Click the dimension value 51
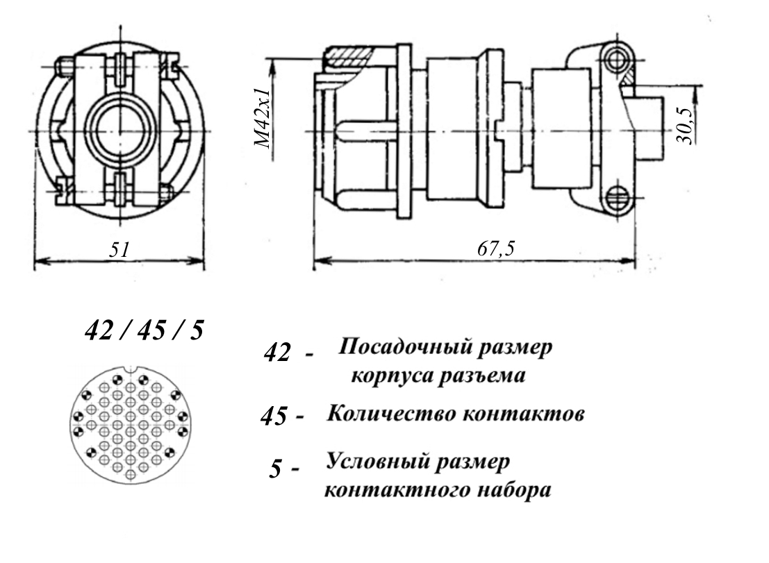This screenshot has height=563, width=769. click(120, 250)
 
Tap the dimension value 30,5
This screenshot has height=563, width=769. click(687, 125)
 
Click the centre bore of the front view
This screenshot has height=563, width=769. click(119, 131)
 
